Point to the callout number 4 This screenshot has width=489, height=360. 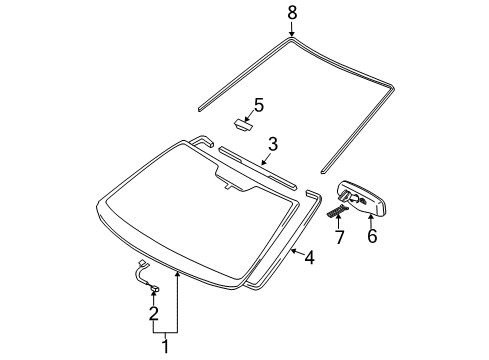310,258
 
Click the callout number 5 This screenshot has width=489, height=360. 258,104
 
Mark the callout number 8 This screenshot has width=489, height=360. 292,13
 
